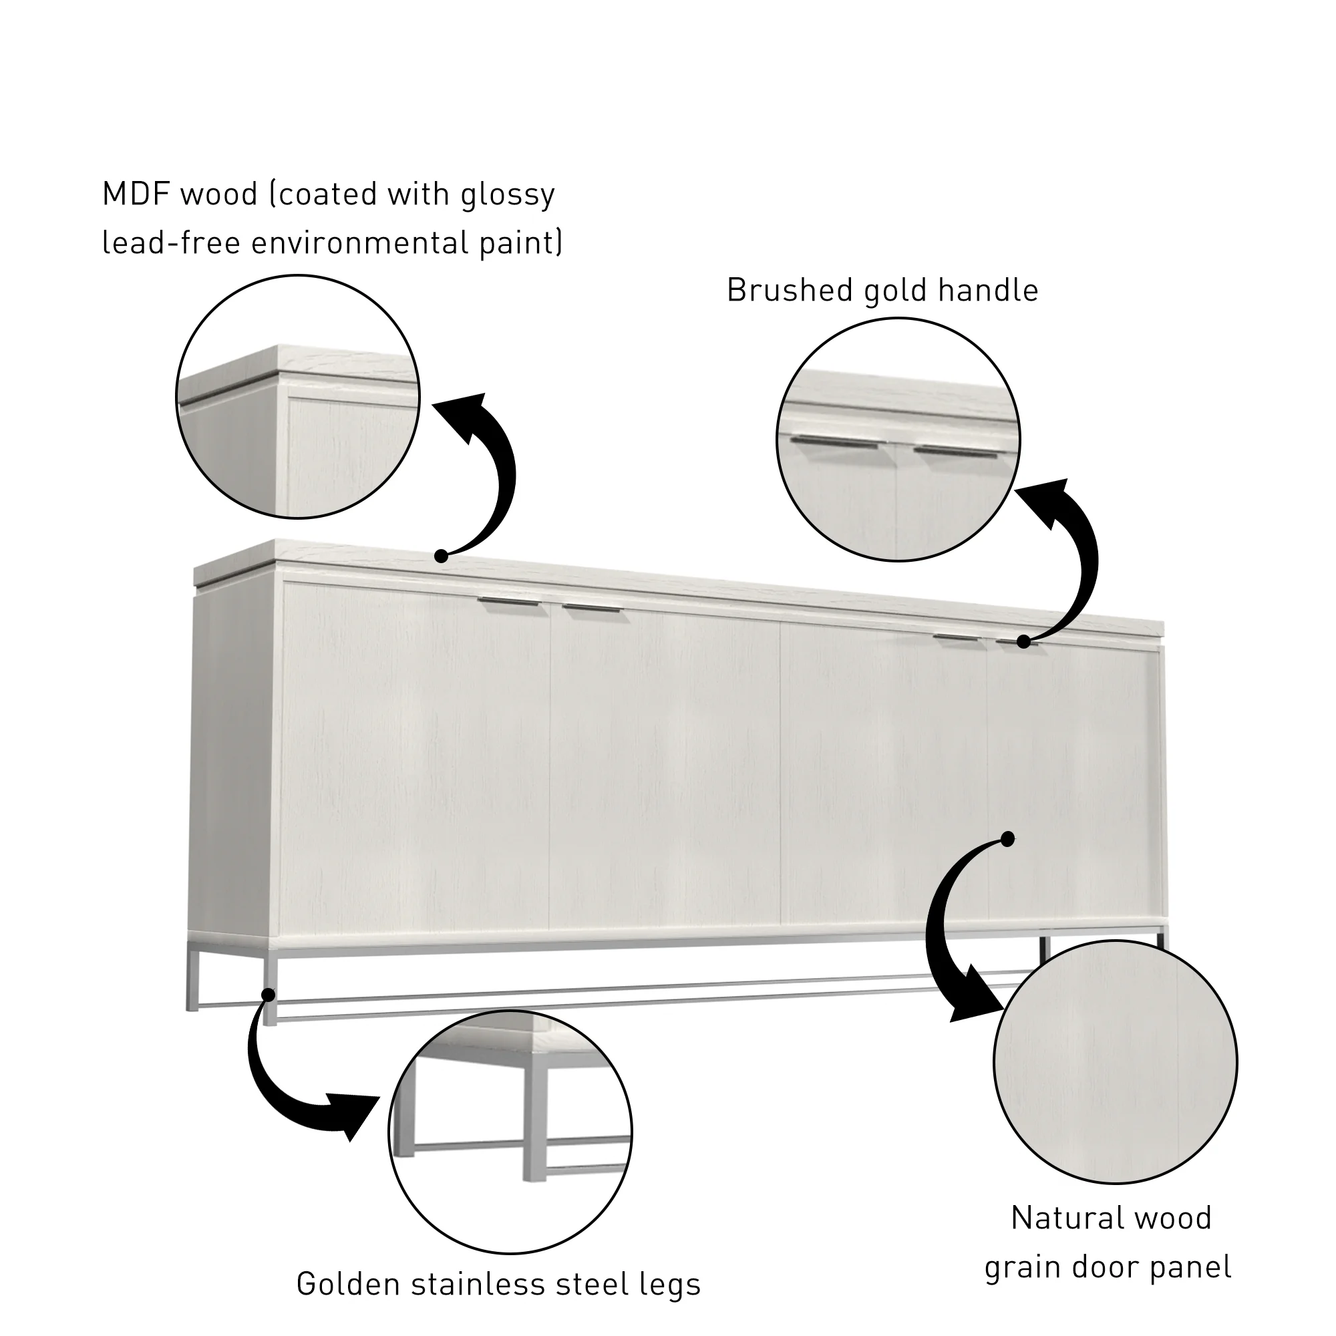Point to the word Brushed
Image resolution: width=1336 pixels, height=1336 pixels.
(x=788, y=291)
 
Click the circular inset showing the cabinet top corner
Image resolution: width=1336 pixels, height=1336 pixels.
(x=298, y=396)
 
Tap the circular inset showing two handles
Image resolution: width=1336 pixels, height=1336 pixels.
(x=898, y=440)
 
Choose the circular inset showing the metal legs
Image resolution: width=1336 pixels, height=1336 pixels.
(x=510, y=1134)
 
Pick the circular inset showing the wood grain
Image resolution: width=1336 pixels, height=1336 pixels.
(x=1115, y=1062)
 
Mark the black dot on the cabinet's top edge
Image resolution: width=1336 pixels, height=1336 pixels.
(x=440, y=555)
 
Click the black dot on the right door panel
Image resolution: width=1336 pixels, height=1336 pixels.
(x=1007, y=839)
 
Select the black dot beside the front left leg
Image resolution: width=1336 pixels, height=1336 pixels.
(x=268, y=995)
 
